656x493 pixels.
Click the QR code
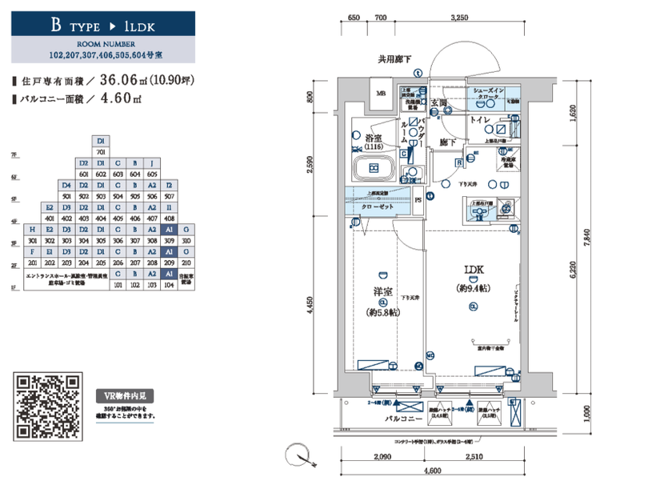pyautogui.click(x=49, y=406)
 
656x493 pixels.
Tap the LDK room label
pyautogui.click(x=472, y=271)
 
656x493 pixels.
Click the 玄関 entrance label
pyautogui.click(x=439, y=102)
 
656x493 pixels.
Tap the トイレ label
pyautogui.click(x=479, y=119)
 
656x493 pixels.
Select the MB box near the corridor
pyautogui.click(x=381, y=94)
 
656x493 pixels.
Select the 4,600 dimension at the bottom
pyautogui.click(x=434, y=473)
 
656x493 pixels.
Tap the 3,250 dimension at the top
pyautogui.click(x=459, y=18)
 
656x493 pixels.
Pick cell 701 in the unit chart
pyautogui.click(x=102, y=151)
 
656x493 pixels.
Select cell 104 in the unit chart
pyautogui.click(x=169, y=284)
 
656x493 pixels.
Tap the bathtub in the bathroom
pyautogui.click(x=372, y=169)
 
